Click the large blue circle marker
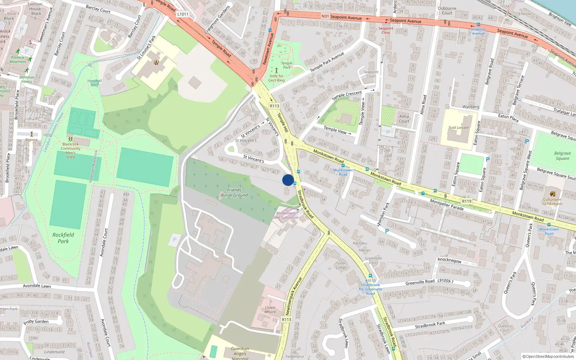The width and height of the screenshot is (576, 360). click(288, 180)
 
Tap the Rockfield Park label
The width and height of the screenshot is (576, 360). click(63, 238)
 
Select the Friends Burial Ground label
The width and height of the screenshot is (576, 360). click(234, 193)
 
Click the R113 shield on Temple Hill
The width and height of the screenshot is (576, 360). click(274, 106)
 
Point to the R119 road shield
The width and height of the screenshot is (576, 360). click(467, 201)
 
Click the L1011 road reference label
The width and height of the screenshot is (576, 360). click(183, 14)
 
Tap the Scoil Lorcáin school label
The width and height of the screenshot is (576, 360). click(458, 127)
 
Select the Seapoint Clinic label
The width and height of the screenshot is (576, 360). click(386, 30)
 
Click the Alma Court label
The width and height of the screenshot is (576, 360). click(404, 118)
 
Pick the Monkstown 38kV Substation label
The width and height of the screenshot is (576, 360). click(285, 215)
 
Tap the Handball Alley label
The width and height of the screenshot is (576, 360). click(94, 83)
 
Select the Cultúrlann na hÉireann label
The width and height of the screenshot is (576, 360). click(552, 201)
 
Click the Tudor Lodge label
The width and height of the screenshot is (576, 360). click(341, 265)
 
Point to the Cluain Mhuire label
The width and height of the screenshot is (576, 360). click(270, 310)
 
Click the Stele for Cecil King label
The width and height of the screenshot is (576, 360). click(276, 78)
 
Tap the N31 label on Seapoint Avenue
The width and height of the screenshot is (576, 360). click(325, 16)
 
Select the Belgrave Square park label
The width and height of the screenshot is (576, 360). click(562, 156)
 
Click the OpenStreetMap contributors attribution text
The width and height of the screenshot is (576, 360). click(548, 356)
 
